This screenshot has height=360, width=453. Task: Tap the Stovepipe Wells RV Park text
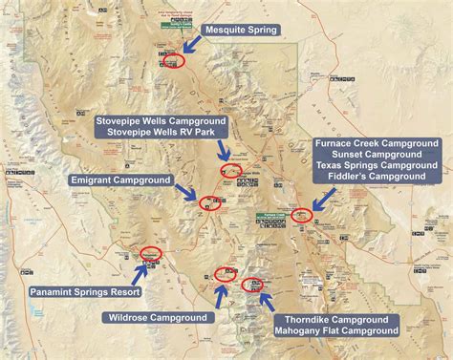coord(161,136)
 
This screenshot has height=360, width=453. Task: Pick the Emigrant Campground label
coord(121,180)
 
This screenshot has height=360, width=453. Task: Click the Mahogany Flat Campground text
coord(335,330)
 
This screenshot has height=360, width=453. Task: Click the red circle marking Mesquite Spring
coord(172,60)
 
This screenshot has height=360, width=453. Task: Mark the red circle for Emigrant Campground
coord(209,201)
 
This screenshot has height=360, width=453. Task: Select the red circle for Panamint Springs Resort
coord(150,253)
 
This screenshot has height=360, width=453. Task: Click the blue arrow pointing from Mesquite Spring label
coord(193,44)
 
